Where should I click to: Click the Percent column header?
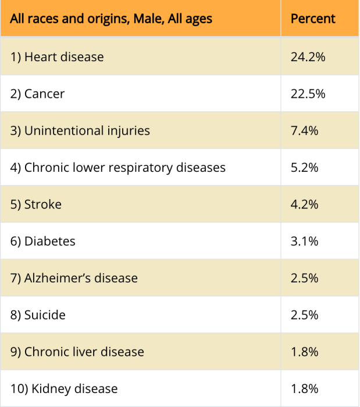click(313, 19)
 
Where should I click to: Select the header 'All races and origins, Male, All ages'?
click(111, 19)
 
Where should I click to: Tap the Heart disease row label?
click(57, 57)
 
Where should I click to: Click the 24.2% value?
click(308, 57)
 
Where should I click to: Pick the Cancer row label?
click(38, 94)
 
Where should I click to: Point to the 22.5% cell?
click(308, 94)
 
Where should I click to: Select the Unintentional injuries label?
click(80, 130)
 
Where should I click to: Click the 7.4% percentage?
click(304, 130)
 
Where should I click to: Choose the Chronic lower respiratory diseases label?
click(118, 168)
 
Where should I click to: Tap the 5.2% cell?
click(304, 168)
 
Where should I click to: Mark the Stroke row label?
click(36, 204)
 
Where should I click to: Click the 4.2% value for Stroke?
click(304, 204)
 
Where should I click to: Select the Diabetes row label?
click(43, 241)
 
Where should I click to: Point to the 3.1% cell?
click(304, 241)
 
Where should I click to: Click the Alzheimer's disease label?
click(74, 278)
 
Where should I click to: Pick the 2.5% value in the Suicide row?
click(304, 315)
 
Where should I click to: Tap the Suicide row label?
click(38, 315)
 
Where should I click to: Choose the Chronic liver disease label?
click(77, 352)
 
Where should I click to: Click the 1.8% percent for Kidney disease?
click(304, 388)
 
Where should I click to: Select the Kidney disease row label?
click(64, 388)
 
